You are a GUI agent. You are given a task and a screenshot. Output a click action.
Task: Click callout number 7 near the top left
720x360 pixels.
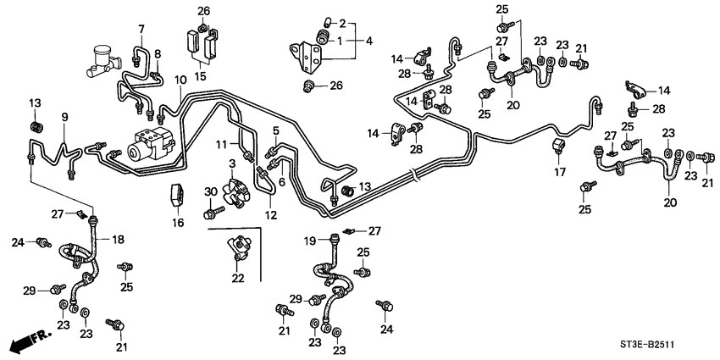click(141, 30)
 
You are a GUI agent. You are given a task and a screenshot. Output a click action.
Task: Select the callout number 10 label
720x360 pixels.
click(180, 80)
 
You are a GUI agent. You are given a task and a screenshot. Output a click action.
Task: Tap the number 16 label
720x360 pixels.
click(177, 222)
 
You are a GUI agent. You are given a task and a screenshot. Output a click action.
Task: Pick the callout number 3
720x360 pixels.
click(231, 162)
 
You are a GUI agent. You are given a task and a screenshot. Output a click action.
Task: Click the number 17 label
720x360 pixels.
click(558, 172)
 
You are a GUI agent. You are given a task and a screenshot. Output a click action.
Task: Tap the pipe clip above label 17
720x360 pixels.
click(558, 147)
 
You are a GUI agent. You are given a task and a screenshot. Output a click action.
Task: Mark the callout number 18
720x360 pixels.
click(118, 240)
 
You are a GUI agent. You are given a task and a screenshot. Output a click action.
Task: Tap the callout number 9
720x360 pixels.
click(64, 116)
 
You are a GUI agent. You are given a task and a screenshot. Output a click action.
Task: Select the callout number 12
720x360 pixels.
click(270, 215)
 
